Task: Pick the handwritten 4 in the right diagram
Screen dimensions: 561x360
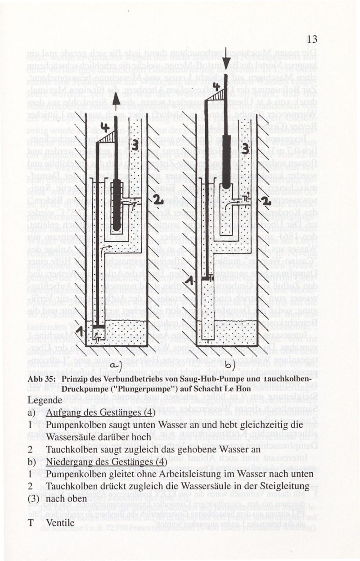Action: [217, 85]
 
